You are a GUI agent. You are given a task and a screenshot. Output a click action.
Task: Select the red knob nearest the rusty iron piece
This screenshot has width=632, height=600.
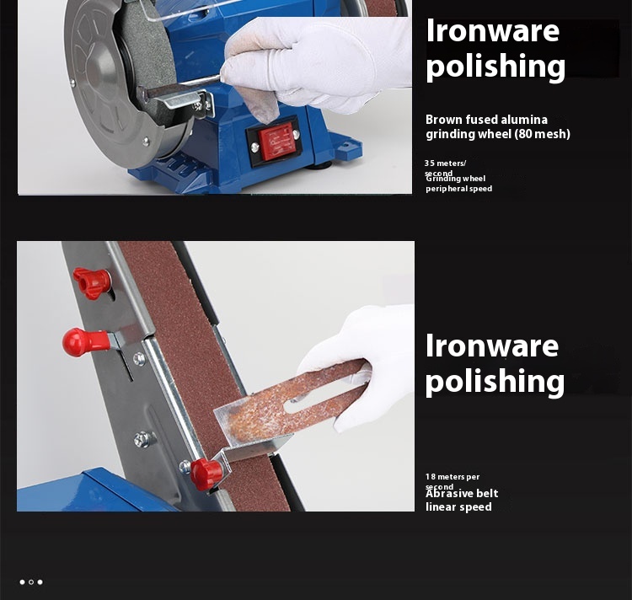[205, 473]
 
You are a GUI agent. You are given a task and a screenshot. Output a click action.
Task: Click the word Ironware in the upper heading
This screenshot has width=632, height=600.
[492, 31]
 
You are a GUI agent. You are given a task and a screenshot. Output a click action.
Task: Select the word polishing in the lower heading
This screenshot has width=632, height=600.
[495, 381]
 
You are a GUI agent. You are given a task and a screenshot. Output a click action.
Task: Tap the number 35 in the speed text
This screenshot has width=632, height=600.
[430, 163]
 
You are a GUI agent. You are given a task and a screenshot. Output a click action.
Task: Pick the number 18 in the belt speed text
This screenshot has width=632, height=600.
[430, 477]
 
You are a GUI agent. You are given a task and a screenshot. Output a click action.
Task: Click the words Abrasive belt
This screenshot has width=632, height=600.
[462, 493]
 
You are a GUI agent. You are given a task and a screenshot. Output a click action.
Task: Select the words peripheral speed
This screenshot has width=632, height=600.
[458, 189]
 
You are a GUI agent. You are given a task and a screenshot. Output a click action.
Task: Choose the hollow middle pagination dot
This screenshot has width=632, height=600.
[31, 581]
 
